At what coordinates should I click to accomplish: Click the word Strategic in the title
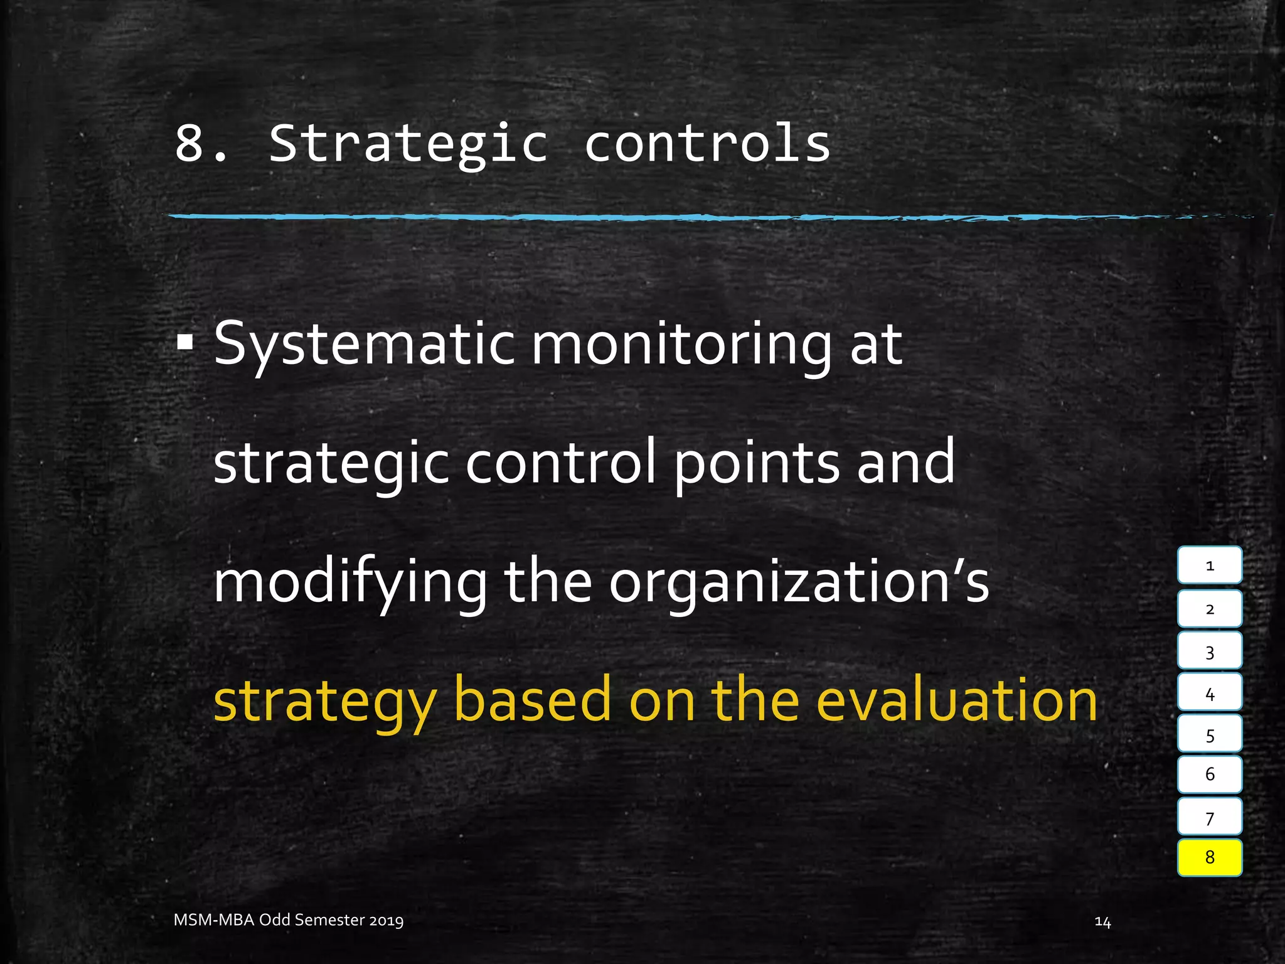click(x=408, y=144)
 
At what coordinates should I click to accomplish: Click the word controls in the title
click(x=707, y=144)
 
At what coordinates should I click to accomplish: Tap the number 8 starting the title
click(x=190, y=144)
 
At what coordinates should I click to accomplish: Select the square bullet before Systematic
click(x=185, y=343)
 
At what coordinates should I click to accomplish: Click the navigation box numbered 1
click(x=1209, y=565)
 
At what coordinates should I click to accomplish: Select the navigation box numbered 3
click(x=1209, y=651)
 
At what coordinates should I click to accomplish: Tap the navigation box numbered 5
click(x=1209, y=734)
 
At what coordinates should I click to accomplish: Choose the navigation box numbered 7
click(x=1209, y=817)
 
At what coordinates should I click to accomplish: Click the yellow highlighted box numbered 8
click(x=1209, y=857)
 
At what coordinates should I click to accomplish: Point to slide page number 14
click(x=1102, y=921)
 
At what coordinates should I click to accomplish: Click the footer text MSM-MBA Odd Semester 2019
click(x=289, y=920)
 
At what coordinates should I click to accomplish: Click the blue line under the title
click(x=627, y=217)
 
